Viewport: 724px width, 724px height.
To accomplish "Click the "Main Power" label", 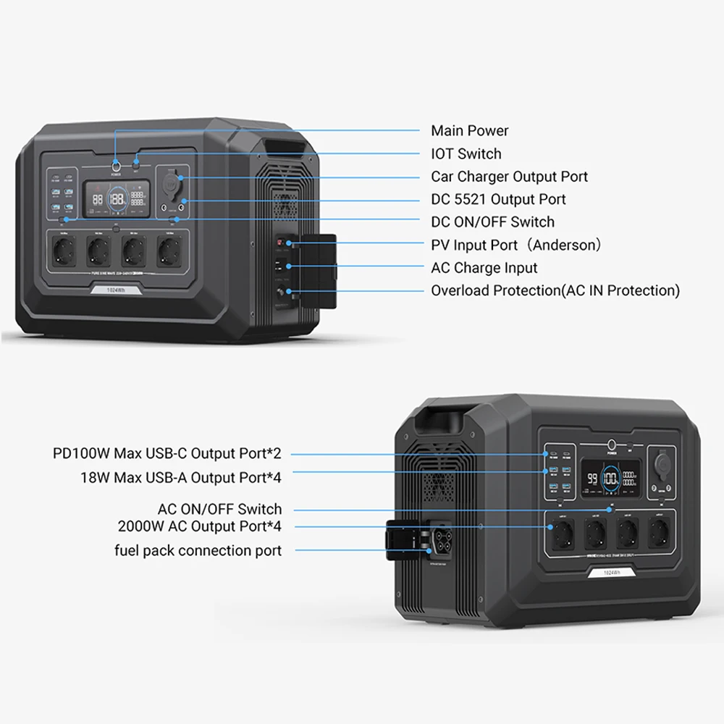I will pos(469,131).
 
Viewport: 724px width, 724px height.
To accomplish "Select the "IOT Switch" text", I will pos(466,153).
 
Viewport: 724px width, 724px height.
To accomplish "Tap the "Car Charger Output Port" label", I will pos(509,177).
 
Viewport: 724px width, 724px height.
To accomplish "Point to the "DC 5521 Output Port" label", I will pos(498,199).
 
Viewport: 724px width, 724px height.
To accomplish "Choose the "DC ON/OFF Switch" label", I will pos(492,222).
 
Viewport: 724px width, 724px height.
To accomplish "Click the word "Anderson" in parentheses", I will pos(567,245).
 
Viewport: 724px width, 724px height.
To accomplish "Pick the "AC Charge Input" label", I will pos(484,268).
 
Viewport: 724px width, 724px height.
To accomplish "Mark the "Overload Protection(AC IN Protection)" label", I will pos(555,291).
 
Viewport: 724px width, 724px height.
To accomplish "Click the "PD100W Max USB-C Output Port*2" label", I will pos(167,454).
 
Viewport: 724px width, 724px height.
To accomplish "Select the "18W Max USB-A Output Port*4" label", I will pos(180,478).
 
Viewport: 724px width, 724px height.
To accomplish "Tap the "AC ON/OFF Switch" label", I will pos(219,510).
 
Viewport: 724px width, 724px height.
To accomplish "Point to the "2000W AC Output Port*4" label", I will pos(200,526).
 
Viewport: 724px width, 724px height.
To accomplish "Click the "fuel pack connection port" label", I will pos(198,551).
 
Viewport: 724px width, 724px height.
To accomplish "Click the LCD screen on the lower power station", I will pos(613,479).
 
